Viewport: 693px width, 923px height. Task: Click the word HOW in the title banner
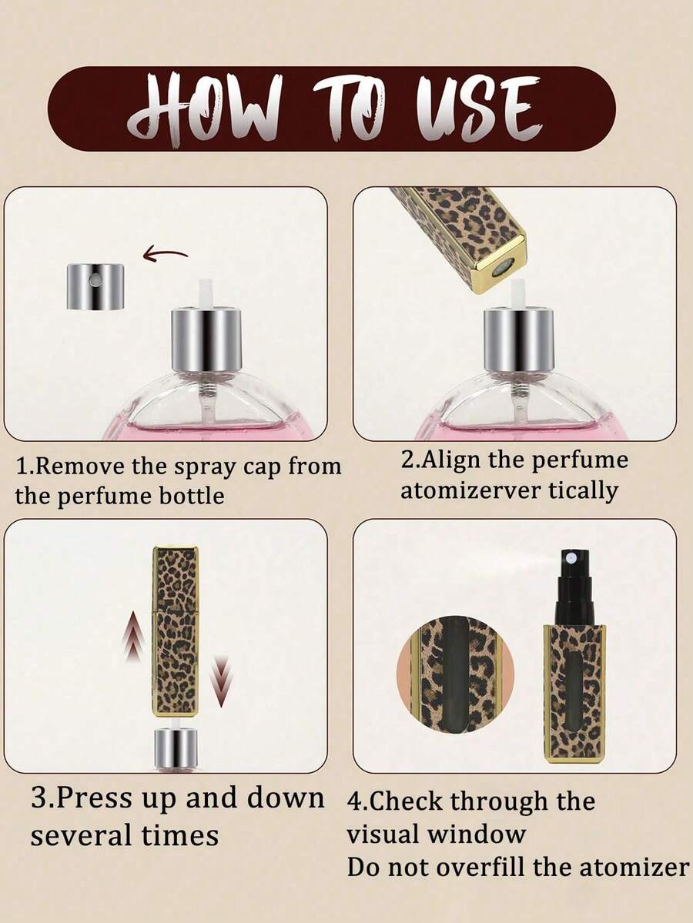[x=204, y=111]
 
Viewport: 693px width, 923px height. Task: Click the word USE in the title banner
[x=477, y=108]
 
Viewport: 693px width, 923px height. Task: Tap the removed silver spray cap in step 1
[x=95, y=286]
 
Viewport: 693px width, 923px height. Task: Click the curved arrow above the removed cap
[x=165, y=254]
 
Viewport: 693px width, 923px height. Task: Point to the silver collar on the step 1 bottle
[x=206, y=340]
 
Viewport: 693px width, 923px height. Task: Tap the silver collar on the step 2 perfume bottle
[x=519, y=340]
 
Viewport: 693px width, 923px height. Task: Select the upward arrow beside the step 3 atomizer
[x=134, y=637]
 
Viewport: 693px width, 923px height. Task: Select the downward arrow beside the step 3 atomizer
[x=221, y=681]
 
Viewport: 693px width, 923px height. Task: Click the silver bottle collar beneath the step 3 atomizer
[x=176, y=749]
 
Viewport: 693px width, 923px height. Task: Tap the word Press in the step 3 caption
[x=96, y=799]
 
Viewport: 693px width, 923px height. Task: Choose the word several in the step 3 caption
[x=82, y=836]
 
